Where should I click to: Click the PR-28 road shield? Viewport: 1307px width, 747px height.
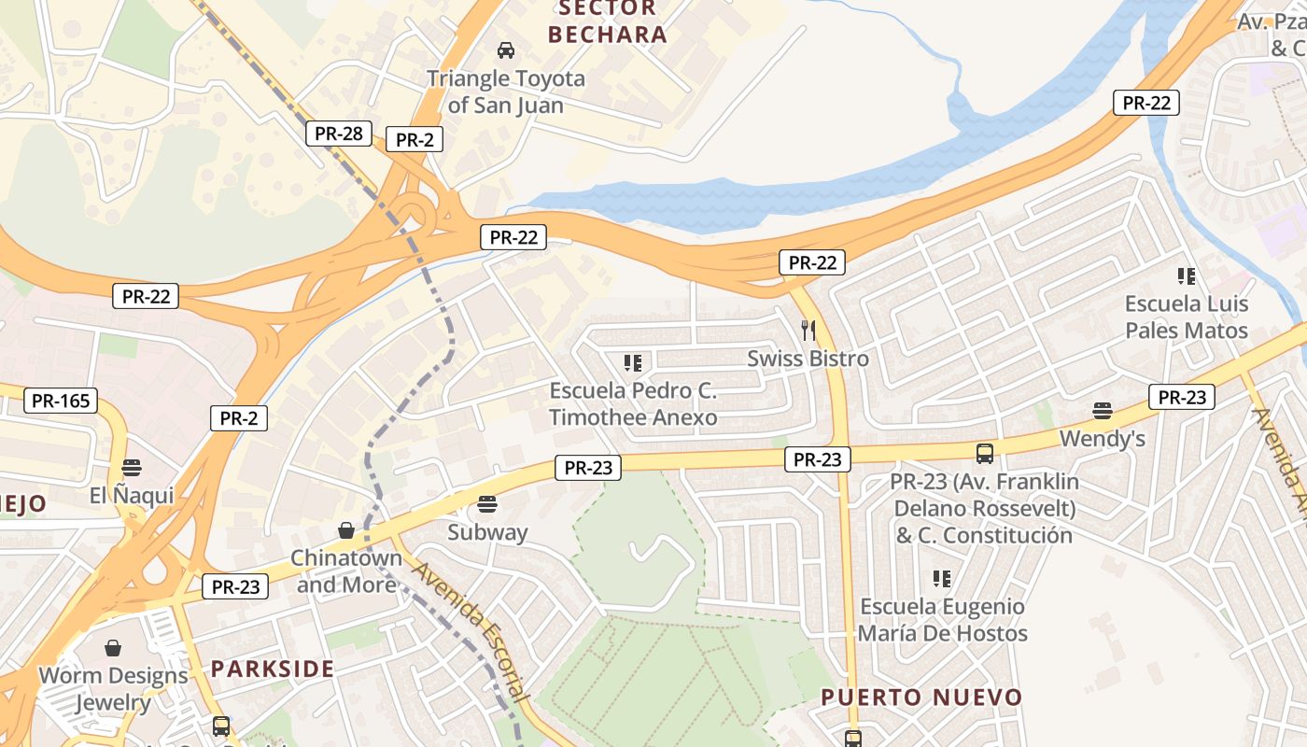tap(338, 134)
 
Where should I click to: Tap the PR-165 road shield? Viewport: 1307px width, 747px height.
tap(60, 402)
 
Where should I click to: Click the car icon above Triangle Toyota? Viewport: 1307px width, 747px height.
tap(506, 49)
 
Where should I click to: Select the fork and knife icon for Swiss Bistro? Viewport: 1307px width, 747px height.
tap(808, 330)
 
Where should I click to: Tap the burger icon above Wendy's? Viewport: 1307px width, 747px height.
tap(1103, 411)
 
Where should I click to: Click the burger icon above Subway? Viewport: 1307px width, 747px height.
tap(486, 505)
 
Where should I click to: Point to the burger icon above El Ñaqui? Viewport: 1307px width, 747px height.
tap(131, 468)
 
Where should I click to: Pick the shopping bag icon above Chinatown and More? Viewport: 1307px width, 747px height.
tap(346, 530)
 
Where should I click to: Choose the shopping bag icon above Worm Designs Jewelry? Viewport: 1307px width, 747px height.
tap(113, 647)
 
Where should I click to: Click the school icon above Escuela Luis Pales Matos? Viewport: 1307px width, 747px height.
tap(1187, 275)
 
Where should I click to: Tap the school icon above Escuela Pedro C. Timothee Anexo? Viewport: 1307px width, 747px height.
tap(633, 362)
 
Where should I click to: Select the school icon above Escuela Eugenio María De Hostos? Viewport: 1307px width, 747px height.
tap(942, 579)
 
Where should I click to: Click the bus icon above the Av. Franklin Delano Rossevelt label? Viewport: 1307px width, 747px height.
tap(984, 454)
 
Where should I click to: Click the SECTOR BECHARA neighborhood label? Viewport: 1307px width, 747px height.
tap(607, 22)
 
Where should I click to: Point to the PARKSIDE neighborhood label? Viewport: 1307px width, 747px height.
tap(272, 669)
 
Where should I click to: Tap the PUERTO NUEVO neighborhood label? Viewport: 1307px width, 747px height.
tap(921, 697)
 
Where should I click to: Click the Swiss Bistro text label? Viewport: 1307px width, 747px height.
tap(808, 359)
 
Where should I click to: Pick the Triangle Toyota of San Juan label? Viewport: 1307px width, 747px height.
tap(506, 92)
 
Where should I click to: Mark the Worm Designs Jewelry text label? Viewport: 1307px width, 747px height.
tap(113, 688)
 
